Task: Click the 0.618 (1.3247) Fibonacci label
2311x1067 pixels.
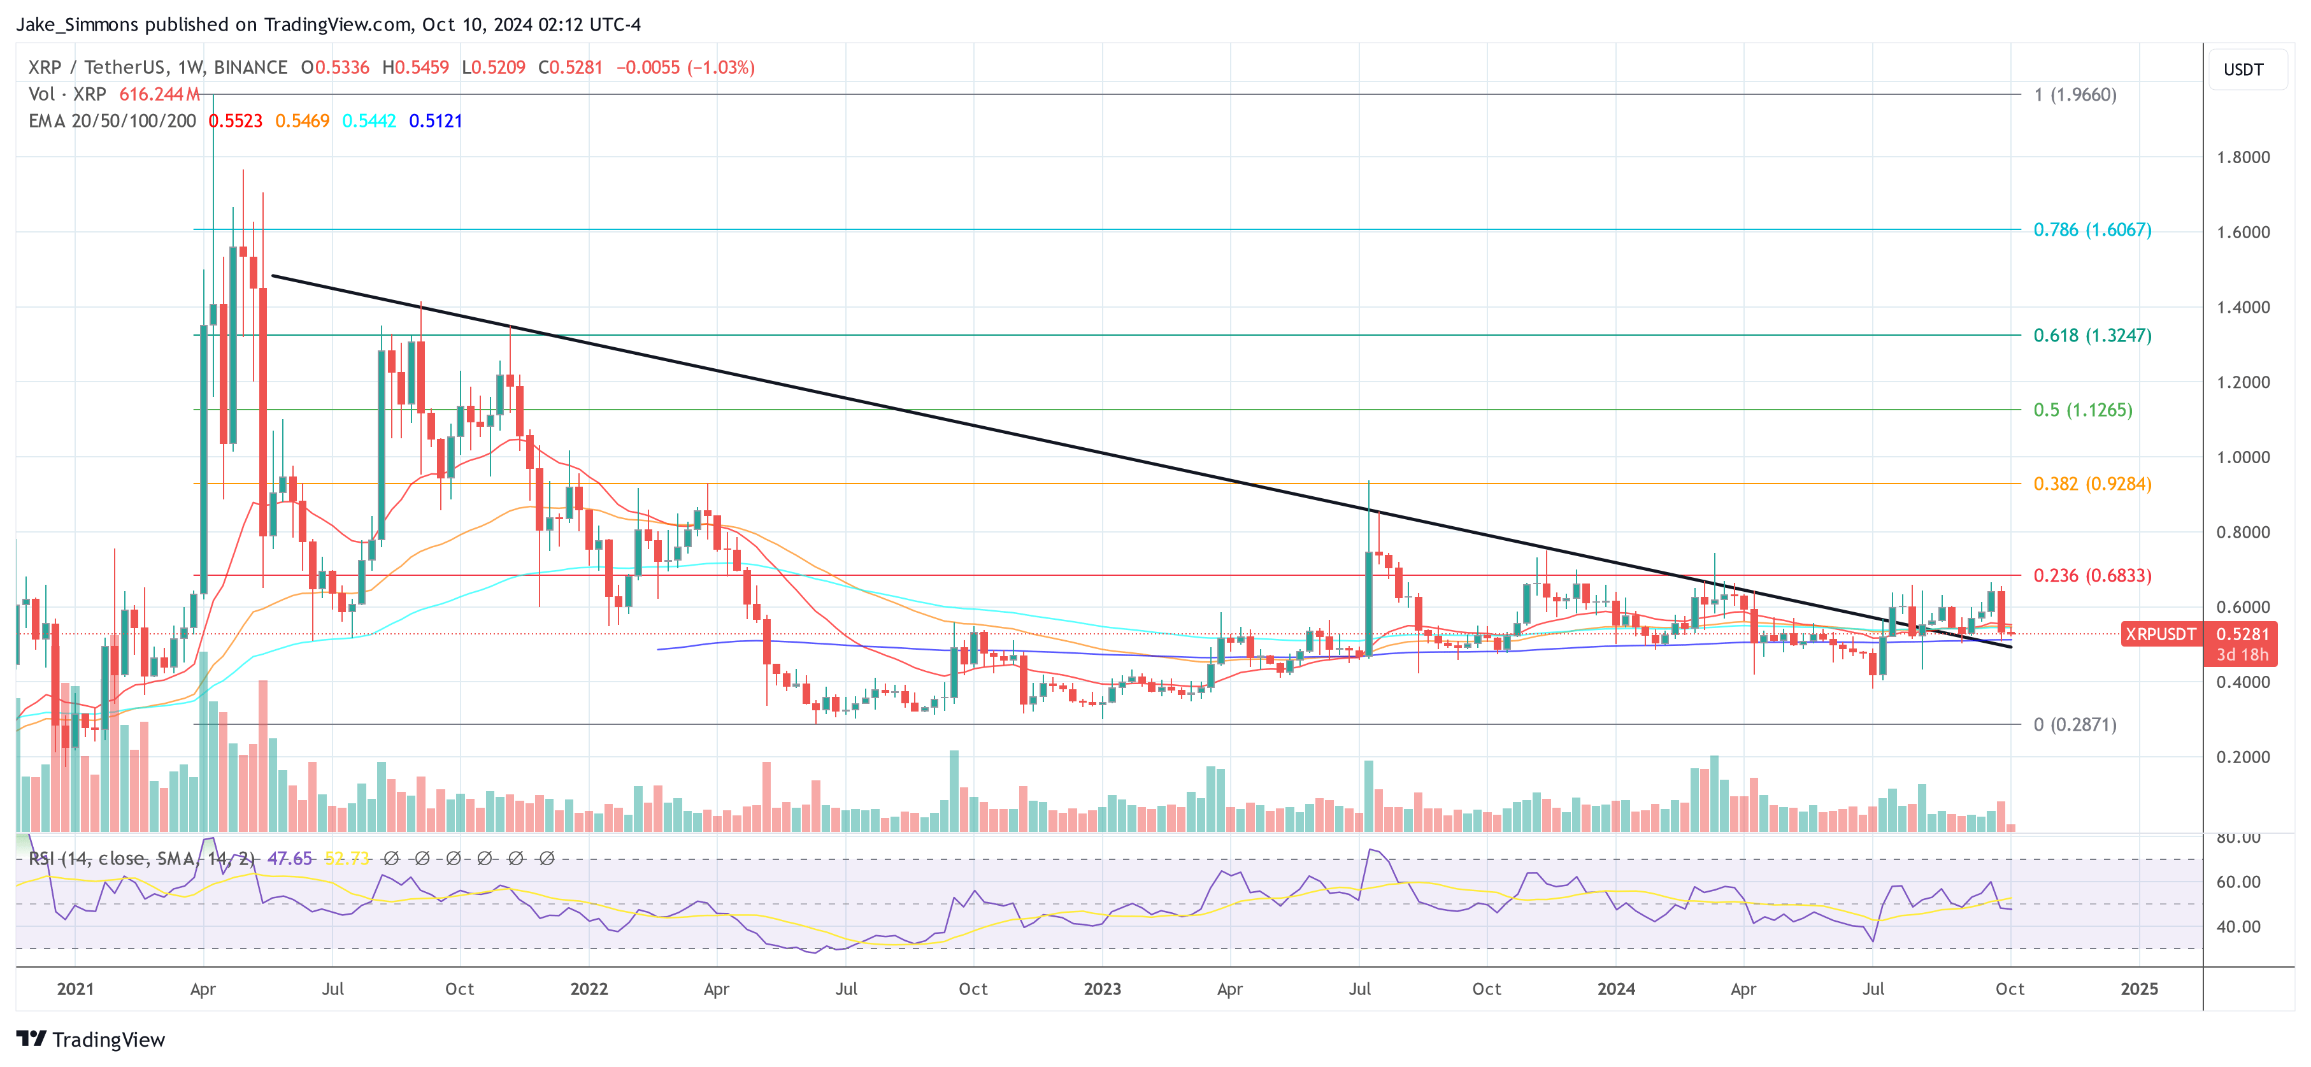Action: point(2091,336)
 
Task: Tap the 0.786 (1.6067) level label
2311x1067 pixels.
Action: point(2091,230)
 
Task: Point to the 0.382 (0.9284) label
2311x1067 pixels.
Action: point(2091,483)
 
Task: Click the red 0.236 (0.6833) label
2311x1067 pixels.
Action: point(2091,575)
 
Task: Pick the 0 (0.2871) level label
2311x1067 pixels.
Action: point(2074,724)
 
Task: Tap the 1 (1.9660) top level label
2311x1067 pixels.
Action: point(2074,95)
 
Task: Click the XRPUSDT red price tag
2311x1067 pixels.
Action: point(2160,634)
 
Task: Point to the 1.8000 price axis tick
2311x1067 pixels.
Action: point(2243,158)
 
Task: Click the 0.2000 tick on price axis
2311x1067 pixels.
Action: point(2243,757)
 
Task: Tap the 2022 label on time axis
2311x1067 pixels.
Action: point(589,989)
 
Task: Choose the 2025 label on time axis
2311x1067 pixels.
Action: point(2139,989)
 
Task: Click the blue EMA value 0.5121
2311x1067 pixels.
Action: point(435,121)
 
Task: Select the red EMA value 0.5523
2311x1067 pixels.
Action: point(235,121)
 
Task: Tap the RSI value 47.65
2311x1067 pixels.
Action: point(290,859)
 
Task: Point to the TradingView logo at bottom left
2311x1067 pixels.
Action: point(90,1039)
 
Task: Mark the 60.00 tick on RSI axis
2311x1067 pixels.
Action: point(2238,882)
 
